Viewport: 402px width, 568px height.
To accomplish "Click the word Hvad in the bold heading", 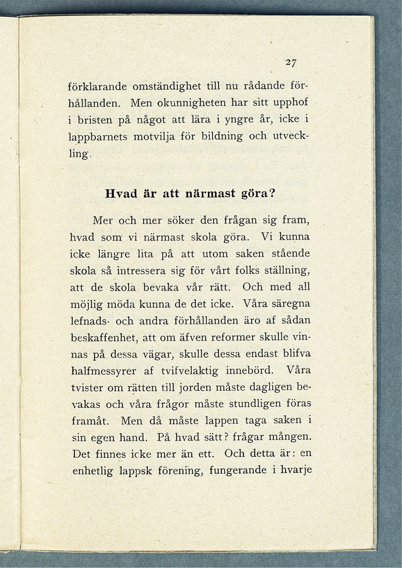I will point(120,195).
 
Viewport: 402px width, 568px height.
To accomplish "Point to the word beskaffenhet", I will point(101,337).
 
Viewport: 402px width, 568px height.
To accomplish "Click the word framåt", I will point(88,420).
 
